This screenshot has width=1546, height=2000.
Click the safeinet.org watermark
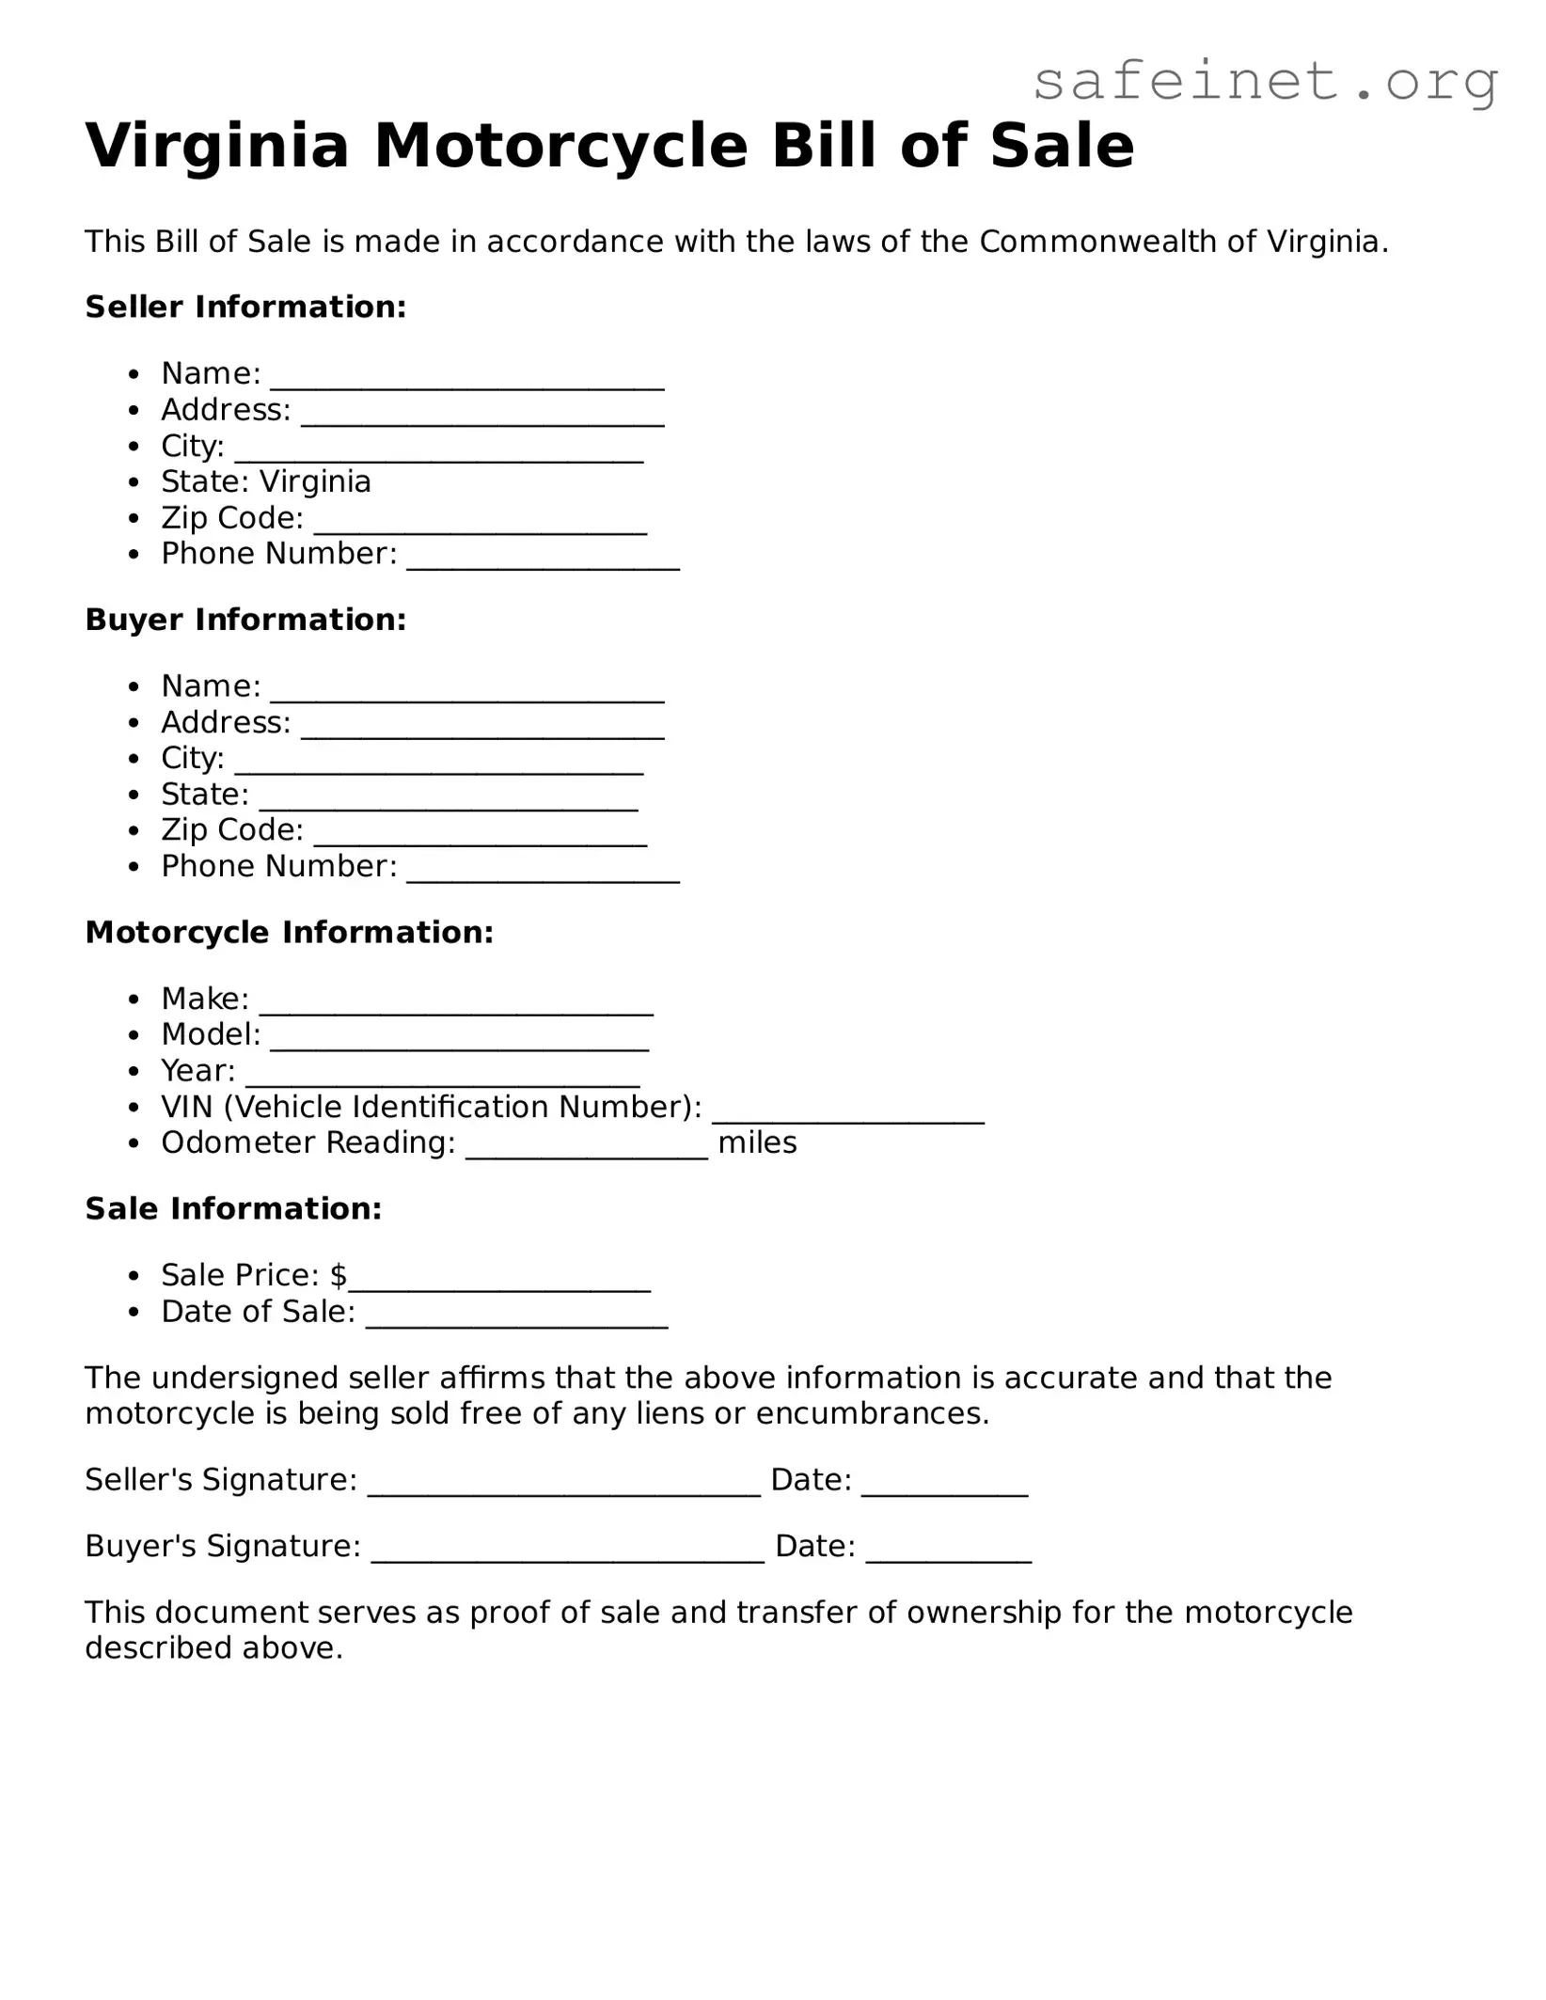coord(1265,83)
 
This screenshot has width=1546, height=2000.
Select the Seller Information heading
coord(245,307)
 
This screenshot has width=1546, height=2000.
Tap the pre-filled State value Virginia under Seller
coord(315,482)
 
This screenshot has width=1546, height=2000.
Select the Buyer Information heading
coord(245,620)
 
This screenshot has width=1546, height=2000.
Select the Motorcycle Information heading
coord(289,933)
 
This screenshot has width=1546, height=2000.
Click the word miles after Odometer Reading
coord(757,1143)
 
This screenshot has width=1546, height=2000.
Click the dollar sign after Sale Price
coord(339,1276)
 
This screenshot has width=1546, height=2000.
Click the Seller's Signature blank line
coord(563,1489)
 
